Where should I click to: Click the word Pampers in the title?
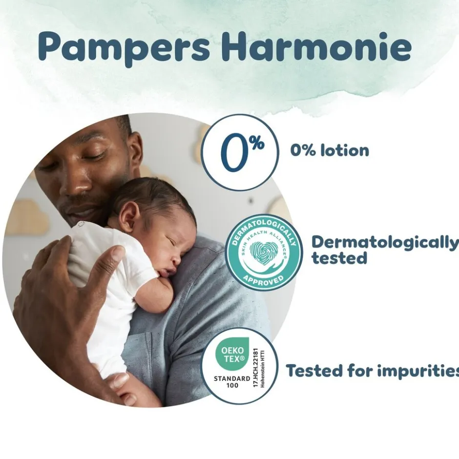pyautogui.click(x=124, y=47)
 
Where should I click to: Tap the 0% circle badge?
pyautogui.click(x=239, y=152)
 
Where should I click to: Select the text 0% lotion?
pyautogui.click(x=330, y=150)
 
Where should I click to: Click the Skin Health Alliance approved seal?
pyautogui.click(x=264, y=252)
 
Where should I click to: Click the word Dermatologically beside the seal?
pyautogui.click(x=385, y=242)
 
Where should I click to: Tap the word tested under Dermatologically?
pyautogui.click(x=339, y=258)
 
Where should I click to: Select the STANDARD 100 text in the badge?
pyautogui.click(x=232, y=381)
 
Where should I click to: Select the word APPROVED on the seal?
pyautogui.click(x=263, y=280)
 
